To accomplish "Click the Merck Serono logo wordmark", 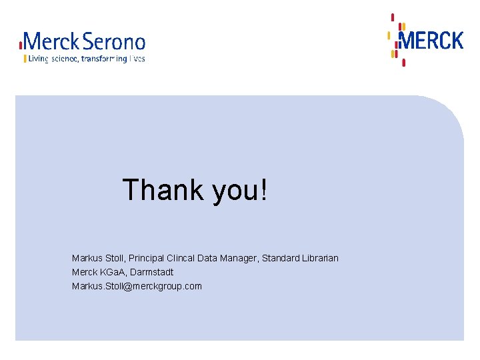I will click(83, 43).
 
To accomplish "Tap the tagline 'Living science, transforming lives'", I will click(85, 59).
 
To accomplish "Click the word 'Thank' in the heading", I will click(163, 190).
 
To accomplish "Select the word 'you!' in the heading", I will click(240, 191).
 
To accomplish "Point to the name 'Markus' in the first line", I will click(87, 258).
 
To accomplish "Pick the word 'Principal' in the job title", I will click(147, 258).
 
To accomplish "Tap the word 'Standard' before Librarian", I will click(281, 258).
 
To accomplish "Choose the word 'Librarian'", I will click(320, 258).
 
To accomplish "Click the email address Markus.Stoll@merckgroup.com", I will click(137, 286).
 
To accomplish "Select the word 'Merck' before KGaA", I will click(84, 272).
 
